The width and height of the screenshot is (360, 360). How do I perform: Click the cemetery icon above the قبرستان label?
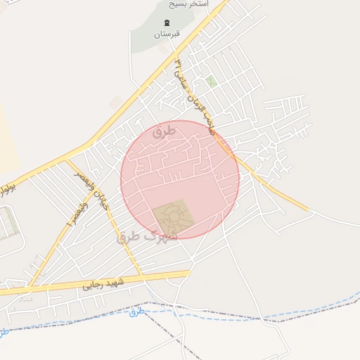[167, 22]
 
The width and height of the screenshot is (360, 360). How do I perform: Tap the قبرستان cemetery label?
[167, 33]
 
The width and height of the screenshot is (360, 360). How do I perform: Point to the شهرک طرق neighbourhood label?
[148, 236]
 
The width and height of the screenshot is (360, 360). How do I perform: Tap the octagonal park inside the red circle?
[171, 217]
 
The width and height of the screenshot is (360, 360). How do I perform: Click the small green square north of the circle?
[211, 82]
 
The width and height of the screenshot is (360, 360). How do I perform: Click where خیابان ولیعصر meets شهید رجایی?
[141, 275]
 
